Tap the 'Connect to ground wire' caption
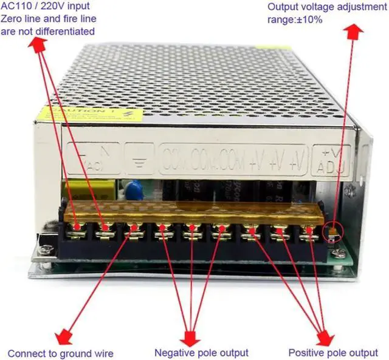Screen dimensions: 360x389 60,353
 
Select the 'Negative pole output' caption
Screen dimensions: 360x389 201,352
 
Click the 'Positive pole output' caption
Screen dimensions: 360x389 332,352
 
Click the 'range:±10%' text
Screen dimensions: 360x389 295,19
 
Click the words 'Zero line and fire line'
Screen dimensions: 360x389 48,19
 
